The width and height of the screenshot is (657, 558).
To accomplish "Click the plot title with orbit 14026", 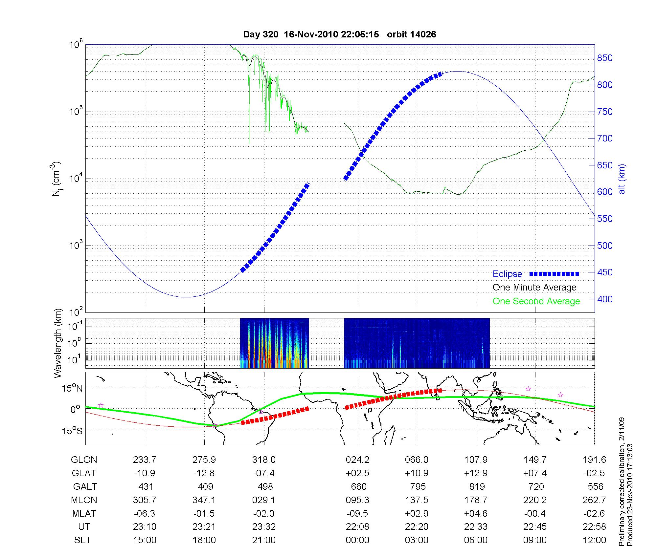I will coord(339,34).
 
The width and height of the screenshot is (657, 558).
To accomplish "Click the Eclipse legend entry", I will coord(507,274).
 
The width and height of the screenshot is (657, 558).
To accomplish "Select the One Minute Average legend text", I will coord(534,288).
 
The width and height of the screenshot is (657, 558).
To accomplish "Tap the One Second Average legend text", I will coord(536,301).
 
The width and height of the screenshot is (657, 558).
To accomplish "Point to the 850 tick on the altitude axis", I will coord(605,58).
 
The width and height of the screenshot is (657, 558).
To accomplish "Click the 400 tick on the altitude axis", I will coord(605,299).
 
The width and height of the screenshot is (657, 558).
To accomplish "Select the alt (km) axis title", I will coord(622,179).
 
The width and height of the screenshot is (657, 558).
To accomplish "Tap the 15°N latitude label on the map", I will coord(72,388).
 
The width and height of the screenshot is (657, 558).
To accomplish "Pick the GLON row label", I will coord(84,460).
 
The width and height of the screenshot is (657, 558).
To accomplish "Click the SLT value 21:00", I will coord(264,540).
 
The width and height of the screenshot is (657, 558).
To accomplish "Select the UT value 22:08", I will coord(357,527).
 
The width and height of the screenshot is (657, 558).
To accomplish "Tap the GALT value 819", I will coord(477,486).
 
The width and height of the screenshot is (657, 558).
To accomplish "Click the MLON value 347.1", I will coord(204,500).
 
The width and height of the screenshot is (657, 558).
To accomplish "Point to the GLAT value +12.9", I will coord(476,473).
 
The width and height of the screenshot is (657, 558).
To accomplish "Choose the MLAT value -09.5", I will coord(357,513).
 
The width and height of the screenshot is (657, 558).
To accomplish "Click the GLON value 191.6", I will coord(595,460).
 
